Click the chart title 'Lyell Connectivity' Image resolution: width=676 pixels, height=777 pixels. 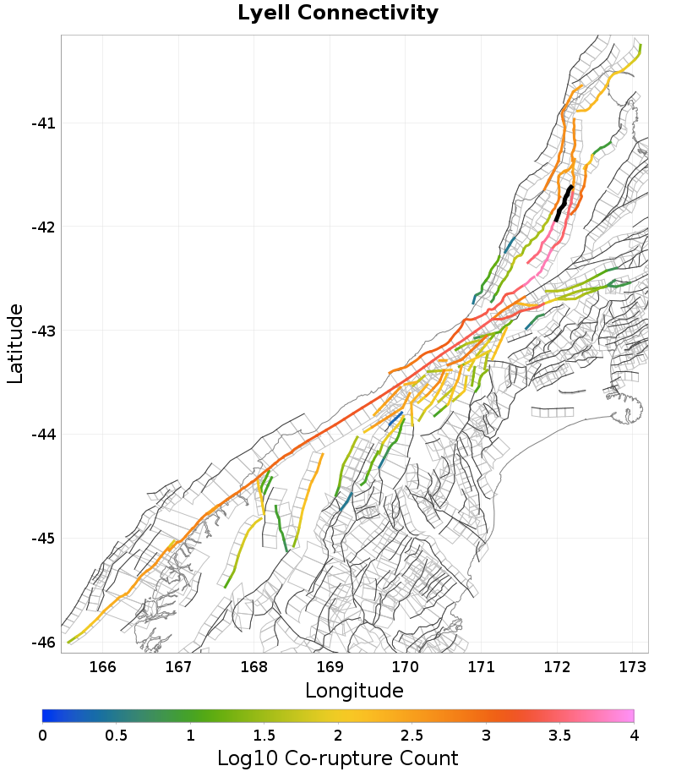[338, 14]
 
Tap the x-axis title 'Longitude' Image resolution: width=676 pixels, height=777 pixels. [354, 691]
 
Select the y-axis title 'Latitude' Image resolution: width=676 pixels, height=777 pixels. [15, 344]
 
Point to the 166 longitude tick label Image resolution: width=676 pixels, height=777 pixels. [102, 666]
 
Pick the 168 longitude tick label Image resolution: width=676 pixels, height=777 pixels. [254, 666]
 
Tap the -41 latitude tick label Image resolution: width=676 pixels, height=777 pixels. [42, 123]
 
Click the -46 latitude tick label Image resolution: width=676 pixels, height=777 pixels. [42, 643]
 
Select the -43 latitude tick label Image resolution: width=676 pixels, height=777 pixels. [42, 331]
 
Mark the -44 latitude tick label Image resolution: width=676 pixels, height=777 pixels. [42, 435]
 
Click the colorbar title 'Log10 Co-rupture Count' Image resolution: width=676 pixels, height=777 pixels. [338, 758]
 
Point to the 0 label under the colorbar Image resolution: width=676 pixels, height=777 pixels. [42, 735]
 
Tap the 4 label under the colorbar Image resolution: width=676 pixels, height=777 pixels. [634, 735]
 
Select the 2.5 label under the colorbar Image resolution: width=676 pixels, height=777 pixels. [412, 735]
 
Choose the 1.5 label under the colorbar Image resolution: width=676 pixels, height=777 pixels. [264, 735]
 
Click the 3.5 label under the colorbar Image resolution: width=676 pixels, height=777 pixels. [559, 735]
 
